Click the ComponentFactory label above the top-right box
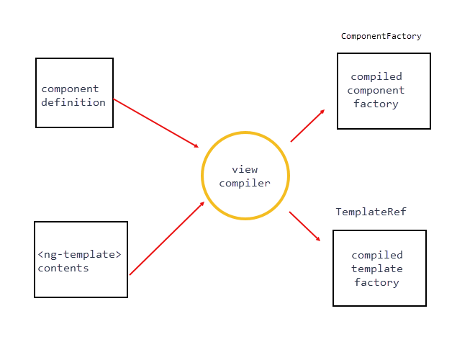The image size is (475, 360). tap(381, 36)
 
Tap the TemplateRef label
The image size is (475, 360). tap(371, 212)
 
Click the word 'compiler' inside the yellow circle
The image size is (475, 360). tap(245, 183)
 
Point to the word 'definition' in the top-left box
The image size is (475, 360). tap(73, 102)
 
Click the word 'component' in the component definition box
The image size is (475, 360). tap(70, 89)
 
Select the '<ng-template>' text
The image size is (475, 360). tap(79, 255)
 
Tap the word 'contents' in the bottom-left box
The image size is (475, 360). tap(63, 268)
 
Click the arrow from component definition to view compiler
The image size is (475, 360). tap(155, 123)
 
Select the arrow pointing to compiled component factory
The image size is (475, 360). tap(307, 126)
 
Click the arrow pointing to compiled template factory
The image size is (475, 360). tap(305, 225)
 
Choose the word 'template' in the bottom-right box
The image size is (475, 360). tap(377, 269)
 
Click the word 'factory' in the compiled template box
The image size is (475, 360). tap(376, 282)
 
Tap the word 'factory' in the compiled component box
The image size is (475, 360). tap(376, 104)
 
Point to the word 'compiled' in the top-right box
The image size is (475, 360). tap(376, 76)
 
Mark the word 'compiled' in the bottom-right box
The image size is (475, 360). tap(377, 255)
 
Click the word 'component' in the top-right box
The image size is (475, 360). tap(376, 90)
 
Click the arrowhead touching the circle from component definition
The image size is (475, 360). tap(194, 145)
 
